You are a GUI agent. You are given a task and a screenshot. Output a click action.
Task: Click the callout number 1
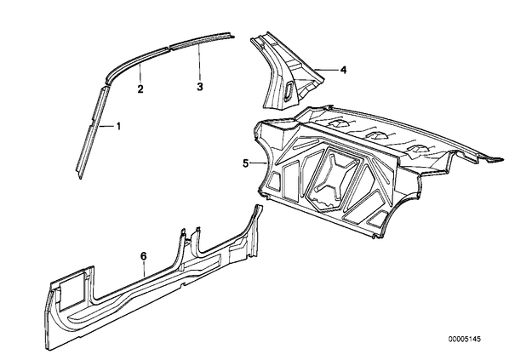pos(118,126)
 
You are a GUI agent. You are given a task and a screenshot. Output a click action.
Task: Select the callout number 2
pos(140,89)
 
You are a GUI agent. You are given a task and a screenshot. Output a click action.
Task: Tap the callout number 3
pos(200,87)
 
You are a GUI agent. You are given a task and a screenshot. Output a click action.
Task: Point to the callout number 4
pos(343,70)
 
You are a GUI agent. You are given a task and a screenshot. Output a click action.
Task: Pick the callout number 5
pos(246,163)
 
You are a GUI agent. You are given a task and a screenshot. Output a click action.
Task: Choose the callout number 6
pos(144,256)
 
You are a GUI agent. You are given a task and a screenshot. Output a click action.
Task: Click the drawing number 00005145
pos(465,340)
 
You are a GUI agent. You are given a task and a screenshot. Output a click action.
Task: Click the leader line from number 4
pos(327,70)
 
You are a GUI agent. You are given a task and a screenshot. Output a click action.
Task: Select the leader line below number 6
pos(144,270)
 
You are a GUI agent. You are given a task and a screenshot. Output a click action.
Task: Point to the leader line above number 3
pos(199,62)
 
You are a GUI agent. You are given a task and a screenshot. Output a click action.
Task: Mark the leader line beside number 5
pos(259,163)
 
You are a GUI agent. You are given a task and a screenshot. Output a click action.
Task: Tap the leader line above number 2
pos(140,73)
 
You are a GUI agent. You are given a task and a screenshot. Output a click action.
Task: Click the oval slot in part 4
pos(288,90)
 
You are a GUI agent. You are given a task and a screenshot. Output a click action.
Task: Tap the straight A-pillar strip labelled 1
pos(93,133)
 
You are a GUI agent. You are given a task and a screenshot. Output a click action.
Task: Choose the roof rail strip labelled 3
pos(201,40)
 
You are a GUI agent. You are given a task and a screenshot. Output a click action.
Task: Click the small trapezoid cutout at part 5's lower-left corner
pos(274,181)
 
